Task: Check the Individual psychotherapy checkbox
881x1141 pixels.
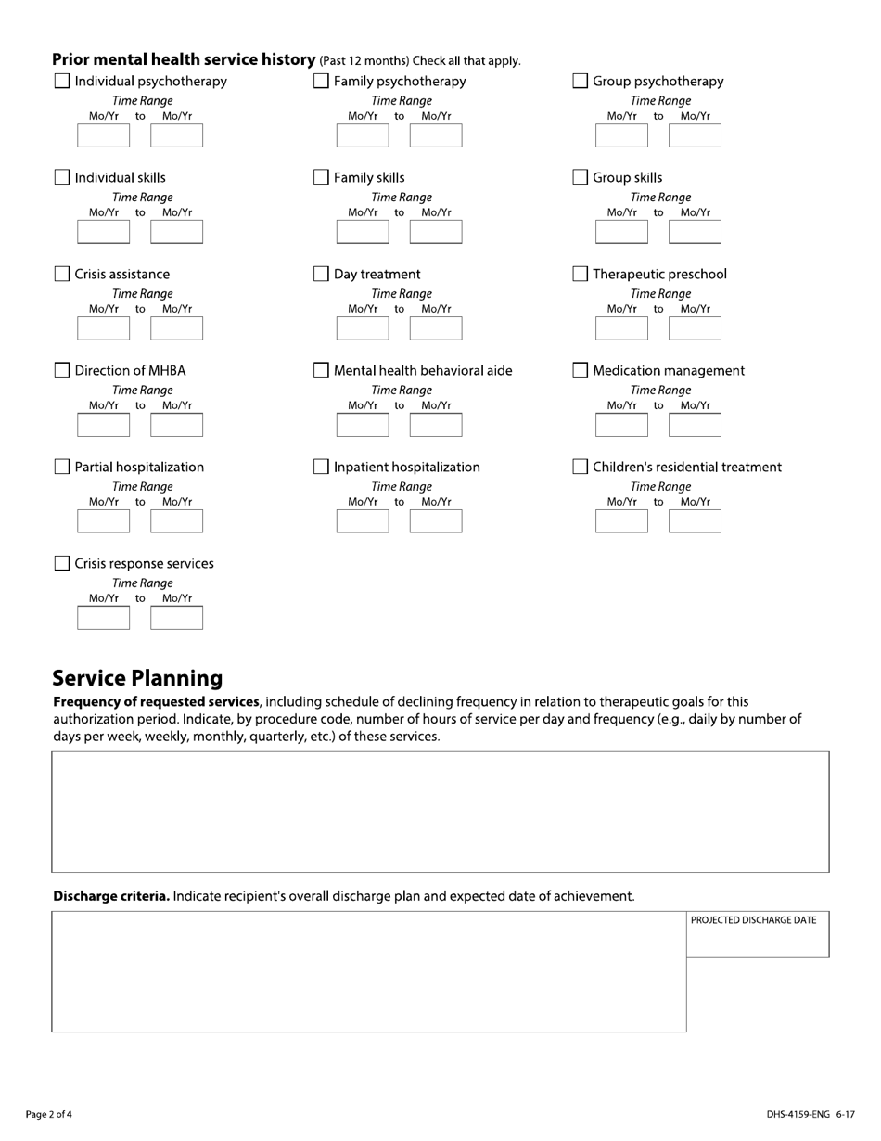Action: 62,82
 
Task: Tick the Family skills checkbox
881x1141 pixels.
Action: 321,178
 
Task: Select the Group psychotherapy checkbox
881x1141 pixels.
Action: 581,82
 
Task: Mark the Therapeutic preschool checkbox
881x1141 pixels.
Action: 581,275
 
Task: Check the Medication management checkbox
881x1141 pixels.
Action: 581,371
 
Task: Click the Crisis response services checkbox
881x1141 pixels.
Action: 62,564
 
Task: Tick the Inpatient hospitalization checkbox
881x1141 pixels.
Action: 321,468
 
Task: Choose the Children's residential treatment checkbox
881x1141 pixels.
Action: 581,468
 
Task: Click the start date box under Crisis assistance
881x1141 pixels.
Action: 103,328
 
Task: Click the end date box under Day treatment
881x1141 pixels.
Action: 436,328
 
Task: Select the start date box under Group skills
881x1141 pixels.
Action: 621,232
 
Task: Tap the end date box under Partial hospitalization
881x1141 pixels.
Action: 176,521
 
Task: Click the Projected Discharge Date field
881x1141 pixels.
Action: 758,941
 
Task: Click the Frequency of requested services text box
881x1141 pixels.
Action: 440,812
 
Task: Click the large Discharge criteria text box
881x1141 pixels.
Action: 368,971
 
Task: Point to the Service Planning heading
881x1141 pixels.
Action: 137,678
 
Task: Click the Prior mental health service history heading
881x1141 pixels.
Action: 184,60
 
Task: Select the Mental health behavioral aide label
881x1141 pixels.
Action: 422,371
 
